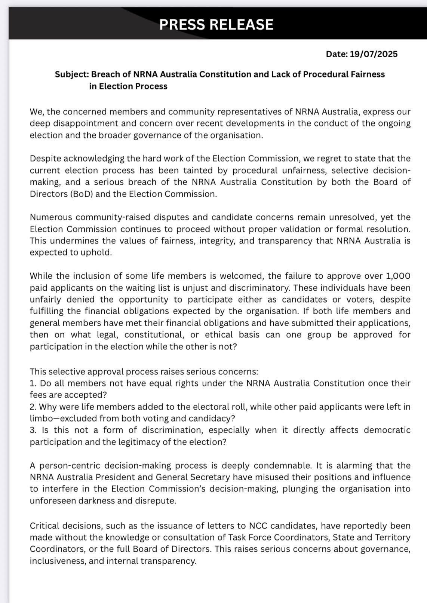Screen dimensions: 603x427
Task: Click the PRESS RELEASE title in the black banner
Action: point(216,25)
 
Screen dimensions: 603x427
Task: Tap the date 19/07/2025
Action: point(374,54)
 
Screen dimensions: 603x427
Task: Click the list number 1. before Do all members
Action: point(33,383)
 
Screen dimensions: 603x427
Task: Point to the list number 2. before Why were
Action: point(33,407)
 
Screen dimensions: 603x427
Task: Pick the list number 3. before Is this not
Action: point(33,430)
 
